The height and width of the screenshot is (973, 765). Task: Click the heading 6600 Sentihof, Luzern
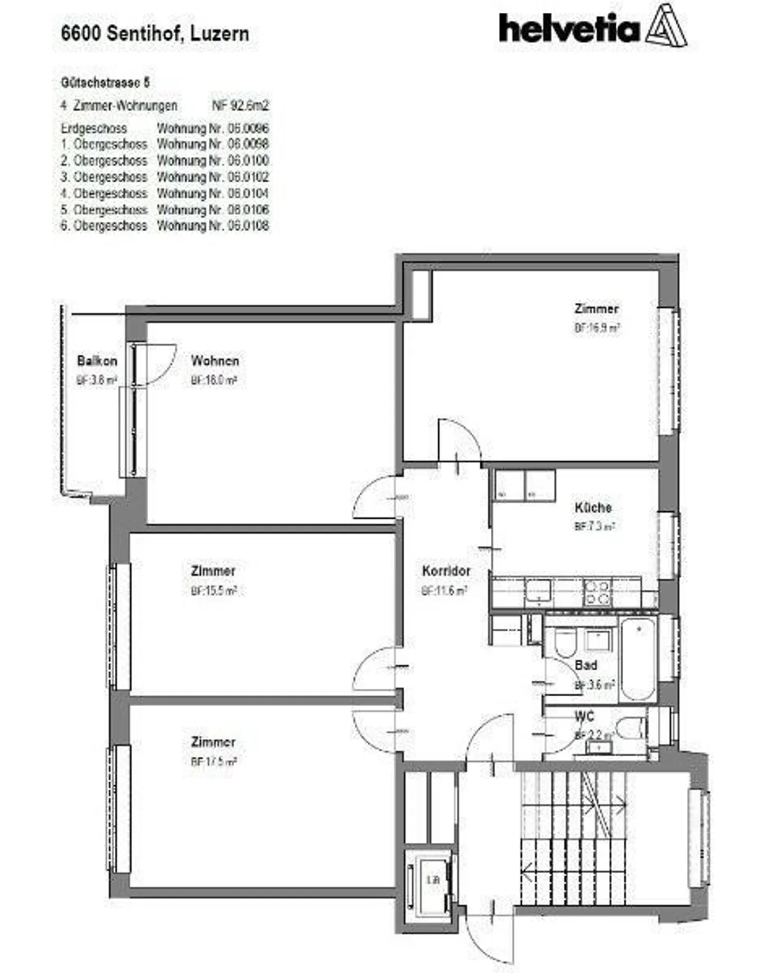click(x=155, y=33)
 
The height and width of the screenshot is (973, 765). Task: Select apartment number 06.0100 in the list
click(x=213, y=160)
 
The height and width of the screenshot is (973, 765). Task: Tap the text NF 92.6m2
click(x=240, y=105)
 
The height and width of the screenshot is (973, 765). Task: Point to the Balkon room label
click(x=97, y=361)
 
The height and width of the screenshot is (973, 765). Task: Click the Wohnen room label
click(x=215, y=361)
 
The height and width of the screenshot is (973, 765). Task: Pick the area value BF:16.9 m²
click(x=597, y=328)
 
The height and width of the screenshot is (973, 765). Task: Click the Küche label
click(x=593, y=507)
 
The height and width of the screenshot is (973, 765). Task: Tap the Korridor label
click(x=446, y=571)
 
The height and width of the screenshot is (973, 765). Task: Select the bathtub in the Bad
click(x=638, y=659)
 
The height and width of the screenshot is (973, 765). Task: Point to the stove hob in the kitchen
click(x=597, y=593)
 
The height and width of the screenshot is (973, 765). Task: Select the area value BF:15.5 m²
click(x=214, y=591)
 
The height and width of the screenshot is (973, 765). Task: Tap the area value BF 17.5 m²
click(x=214, y=762)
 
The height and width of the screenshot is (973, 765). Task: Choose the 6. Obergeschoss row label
click(x=104, y=226)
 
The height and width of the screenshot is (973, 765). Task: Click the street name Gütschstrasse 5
click(x=105, y=83)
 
